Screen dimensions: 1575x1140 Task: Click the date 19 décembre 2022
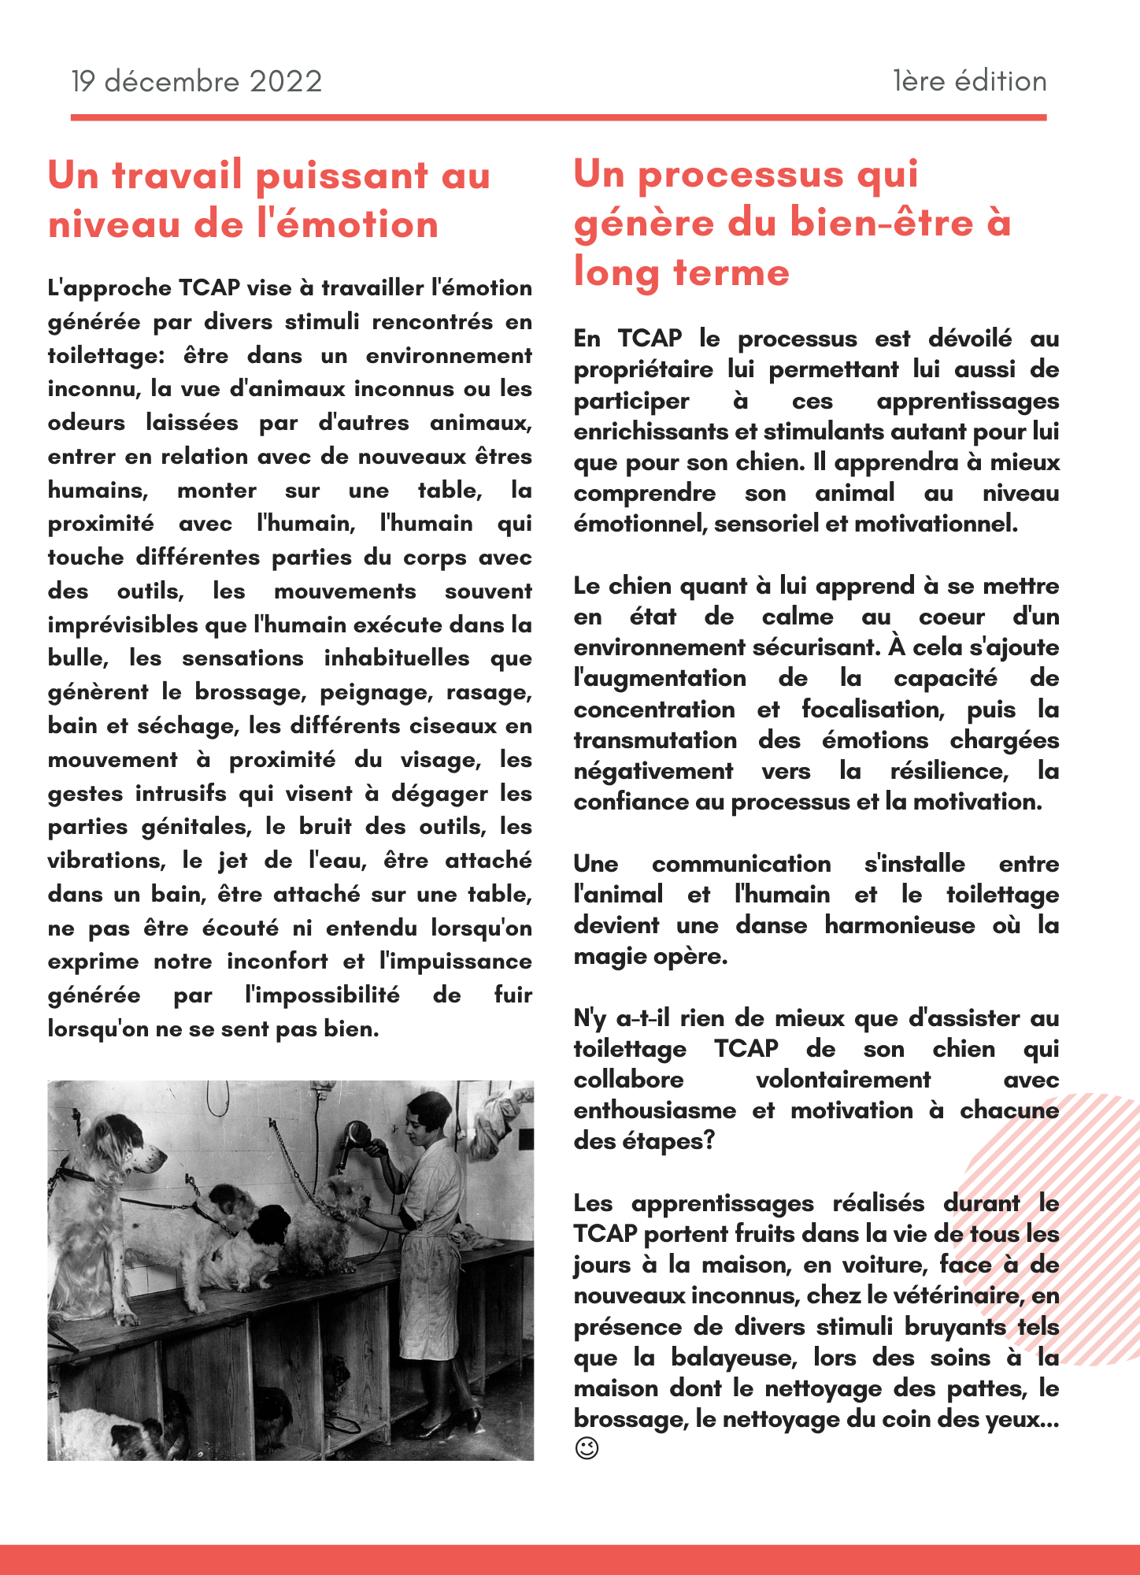[197, 81]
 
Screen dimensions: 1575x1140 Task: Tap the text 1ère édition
[969, 81]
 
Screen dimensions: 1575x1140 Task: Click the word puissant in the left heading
[342, 175]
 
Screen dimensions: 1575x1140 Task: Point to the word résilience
[949, 770]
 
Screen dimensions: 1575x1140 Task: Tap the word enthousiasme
[655, 1110]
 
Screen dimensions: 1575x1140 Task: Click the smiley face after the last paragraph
[587, 1448]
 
